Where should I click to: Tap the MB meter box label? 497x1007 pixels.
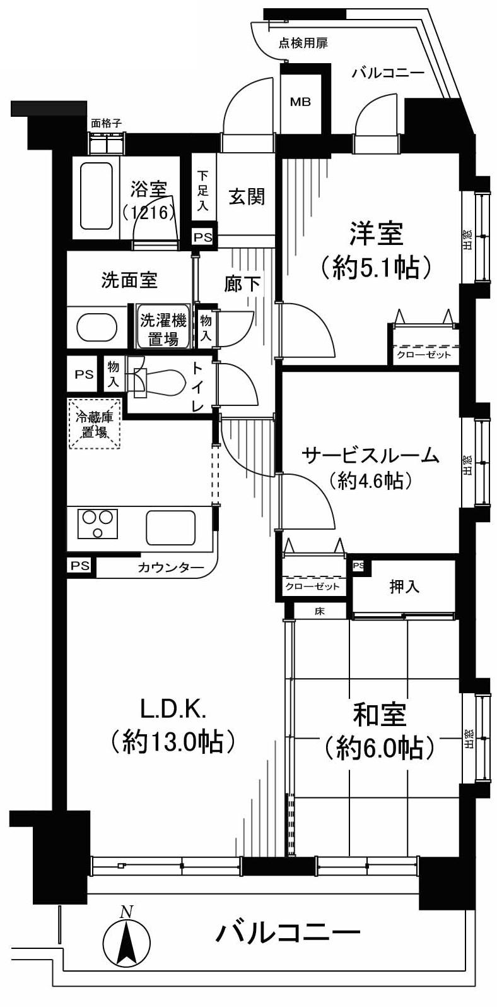tap(300, 102)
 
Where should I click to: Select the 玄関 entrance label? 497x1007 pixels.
tap(246, 197)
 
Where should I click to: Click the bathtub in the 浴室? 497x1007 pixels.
tap(96, 196)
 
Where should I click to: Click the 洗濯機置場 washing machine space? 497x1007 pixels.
tap(163, 329)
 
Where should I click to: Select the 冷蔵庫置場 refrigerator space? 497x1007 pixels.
tap(95, 424)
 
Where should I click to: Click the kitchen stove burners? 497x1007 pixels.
tap(98, 523)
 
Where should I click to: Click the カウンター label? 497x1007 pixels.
tap(170, 567)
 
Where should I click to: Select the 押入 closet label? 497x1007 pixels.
tap(404, 587)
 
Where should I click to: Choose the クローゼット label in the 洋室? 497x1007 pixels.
tap(424, 355)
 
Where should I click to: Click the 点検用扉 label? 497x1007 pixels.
tap(303, 44)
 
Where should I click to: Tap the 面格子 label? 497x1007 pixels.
tap(106, 124)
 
